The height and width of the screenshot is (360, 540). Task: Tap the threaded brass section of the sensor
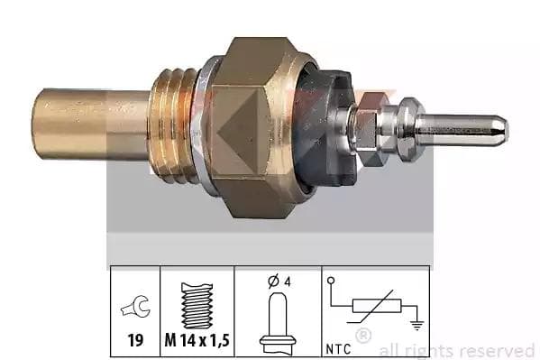pos(174,125)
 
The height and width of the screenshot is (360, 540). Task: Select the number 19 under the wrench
pos(135,341)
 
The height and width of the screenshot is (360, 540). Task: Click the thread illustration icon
pos(197,306)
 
